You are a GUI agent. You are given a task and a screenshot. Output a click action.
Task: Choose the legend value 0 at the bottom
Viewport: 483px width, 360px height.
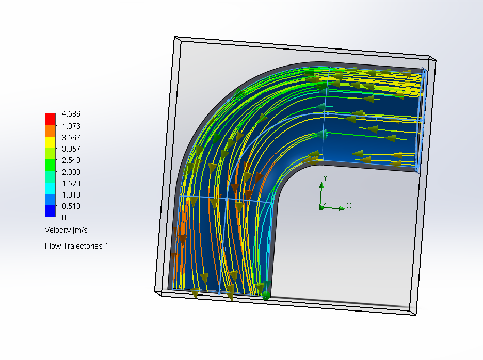pyautogui.click(x=64, y=218)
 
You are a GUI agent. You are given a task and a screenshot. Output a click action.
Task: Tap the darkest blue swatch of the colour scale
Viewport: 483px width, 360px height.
pyautogui.click(x=50, y=211)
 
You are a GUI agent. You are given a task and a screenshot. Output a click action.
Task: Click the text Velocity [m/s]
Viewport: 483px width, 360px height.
pyautogui.click(x=68, y=230)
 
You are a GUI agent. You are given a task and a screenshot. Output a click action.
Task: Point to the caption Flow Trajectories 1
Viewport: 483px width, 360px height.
pyautogui.click(x=77, y=246)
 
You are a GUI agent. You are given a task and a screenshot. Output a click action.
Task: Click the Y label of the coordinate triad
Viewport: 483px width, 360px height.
pyautogui.click(x=325, y=177)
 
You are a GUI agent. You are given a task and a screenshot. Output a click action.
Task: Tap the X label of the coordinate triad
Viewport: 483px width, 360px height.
pyautogui.click(x=349, y=205)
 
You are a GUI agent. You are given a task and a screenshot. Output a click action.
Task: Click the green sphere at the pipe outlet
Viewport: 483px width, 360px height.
pyautogui.click(x=266, y=296)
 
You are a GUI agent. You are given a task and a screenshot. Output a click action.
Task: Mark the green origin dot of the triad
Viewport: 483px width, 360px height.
pyautogui.click(x=321, y=208)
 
